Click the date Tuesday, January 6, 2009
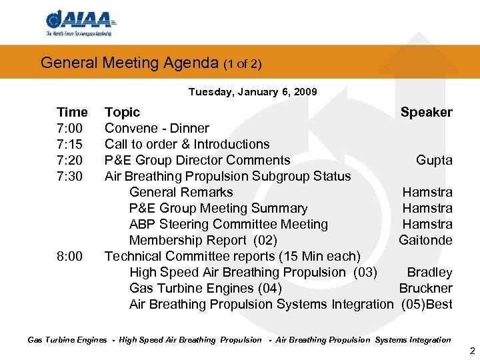[x=253, y=92]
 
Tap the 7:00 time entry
[x=71, y=128]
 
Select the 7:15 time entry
[x=71, y=144]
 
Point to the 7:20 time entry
[x=71, y=160]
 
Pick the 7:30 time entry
[x=71, y=176]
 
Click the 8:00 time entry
[x=71, y=256]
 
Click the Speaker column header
[x=426, y=112]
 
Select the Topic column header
[x=123, y=112]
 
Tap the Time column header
[x=72, y=112]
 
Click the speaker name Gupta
[x=434, y=160]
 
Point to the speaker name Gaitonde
[x=425, y=240]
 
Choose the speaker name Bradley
[x=429, y=272]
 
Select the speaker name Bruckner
[x=425, y=288]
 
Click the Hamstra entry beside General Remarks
[x=427, y=192]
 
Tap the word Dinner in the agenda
[x=189, y=128]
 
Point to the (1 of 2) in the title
[x=243, y=64]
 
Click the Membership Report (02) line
[x=203, y=240]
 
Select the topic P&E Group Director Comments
[x=197, y=160]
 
